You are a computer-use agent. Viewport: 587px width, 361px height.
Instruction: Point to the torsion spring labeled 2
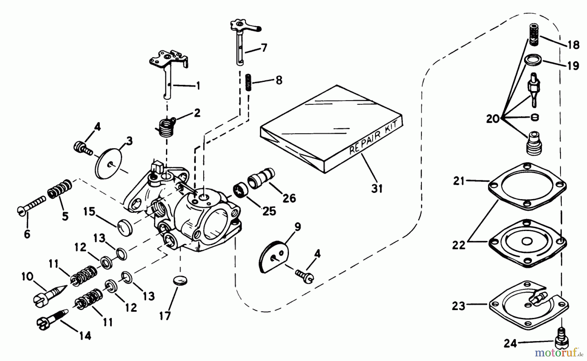[x=163, y=127]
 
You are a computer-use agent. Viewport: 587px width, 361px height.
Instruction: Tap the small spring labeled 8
[x=248, y=83]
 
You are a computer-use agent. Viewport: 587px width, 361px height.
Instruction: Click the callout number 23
[x=459, y=306]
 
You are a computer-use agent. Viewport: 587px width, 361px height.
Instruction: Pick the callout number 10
[x=27, y=277]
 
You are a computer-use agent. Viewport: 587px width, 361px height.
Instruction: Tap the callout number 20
[x=492, y=119]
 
